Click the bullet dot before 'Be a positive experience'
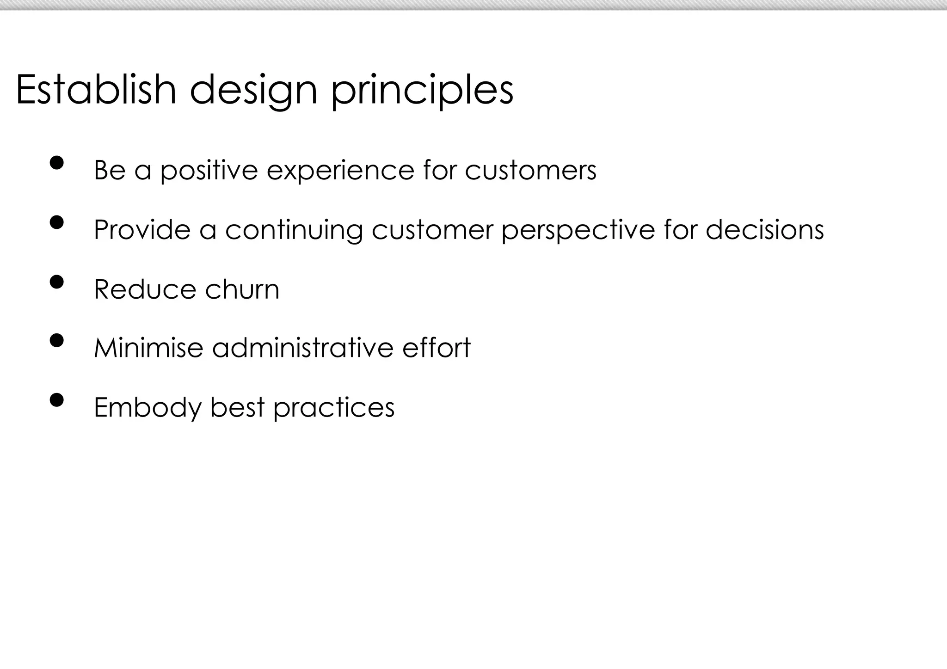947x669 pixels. [x=56, y=163]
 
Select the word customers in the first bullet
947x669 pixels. [x=530, y=170]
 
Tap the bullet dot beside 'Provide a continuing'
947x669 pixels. [x=56, y=222]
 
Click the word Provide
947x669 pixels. [x=142, y=229]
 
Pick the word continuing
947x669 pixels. [x=294, y=230]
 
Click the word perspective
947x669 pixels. [x=578, y=230]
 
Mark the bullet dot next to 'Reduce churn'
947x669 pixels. [x=56, y=282]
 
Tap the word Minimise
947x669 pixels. [x=148, y=348]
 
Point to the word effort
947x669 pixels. [x=436, y=348]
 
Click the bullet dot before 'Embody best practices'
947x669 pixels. [x=56, y=399]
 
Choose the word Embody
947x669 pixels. [x=148, y=408]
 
